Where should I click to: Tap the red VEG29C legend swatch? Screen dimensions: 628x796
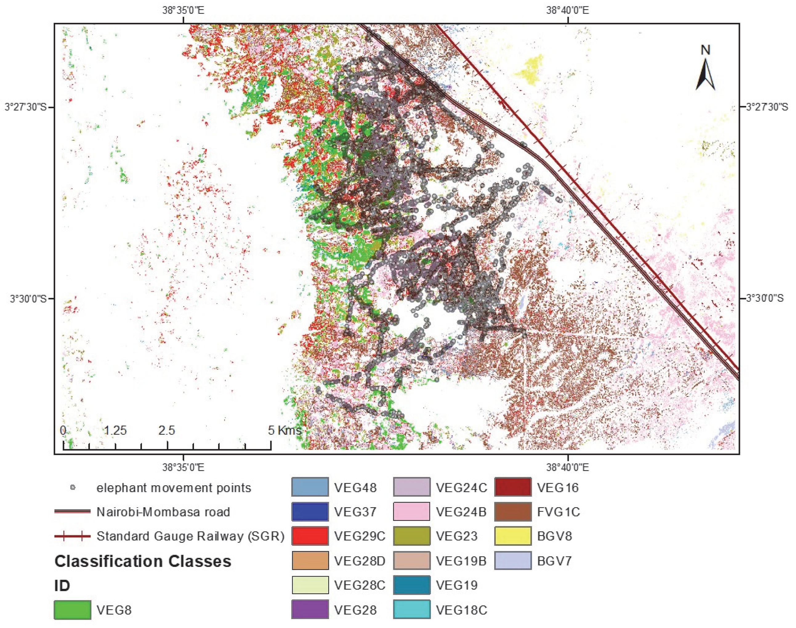tap(310, 536)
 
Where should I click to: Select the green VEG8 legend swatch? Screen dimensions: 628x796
tap(72, 610)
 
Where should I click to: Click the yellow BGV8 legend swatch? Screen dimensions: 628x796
tap(512, 536)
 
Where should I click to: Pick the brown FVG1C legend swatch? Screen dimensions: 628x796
tap(512, 512)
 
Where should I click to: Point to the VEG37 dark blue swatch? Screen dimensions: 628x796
tap(310, 512)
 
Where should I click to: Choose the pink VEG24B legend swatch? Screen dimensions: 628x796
tap(411, 512)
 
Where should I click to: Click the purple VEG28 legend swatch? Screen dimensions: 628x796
tap(310, 610)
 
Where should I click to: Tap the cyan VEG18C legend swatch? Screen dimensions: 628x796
tap(411, 610)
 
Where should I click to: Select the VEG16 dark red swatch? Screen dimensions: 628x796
tap(512, 487)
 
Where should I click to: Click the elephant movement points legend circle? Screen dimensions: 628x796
tap(73, 487)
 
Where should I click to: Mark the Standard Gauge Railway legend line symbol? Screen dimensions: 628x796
tap(72, 536)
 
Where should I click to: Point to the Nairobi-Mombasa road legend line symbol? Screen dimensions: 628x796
tap(72, 512)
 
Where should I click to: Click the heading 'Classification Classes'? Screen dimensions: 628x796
tap(143, 561)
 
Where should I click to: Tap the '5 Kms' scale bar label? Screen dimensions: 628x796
tap(285, 430)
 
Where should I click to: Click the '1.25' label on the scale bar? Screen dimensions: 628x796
tap(115, 430)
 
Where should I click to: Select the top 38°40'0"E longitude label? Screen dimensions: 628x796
tap(568, 10)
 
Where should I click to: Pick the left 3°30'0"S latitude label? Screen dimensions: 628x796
tap(28, 298)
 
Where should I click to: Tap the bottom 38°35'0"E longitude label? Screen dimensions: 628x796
tap(183, 468)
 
